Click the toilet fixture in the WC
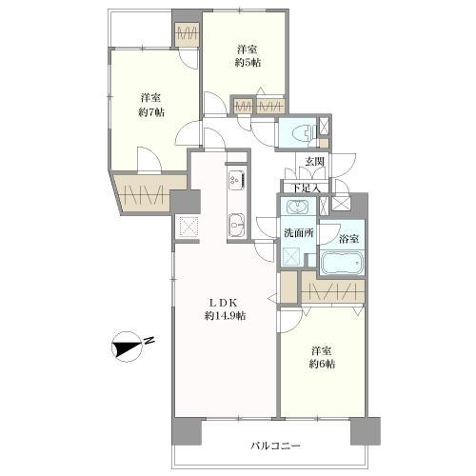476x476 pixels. pos(304,132)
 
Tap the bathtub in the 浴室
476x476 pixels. pos(342,263)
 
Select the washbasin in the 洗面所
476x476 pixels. pos(297,208)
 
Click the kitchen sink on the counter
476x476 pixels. pos(237,226)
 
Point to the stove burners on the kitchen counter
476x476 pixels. pos(237,181)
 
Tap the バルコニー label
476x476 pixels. pos(275,446)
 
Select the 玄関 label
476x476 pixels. pos(314,162)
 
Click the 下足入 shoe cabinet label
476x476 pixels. pos(306,188)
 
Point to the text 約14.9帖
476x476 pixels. pos(225,316)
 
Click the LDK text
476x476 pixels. pos(225,303)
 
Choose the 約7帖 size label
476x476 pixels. pos(151,112)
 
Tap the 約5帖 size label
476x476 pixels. pos(248,63)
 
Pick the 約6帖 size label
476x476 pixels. pos(322,364)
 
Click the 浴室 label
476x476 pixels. pos(349,239)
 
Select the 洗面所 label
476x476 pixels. pos(299,233)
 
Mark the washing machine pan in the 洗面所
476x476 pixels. pos(291,256)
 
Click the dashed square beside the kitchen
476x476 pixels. pos(188,227)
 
